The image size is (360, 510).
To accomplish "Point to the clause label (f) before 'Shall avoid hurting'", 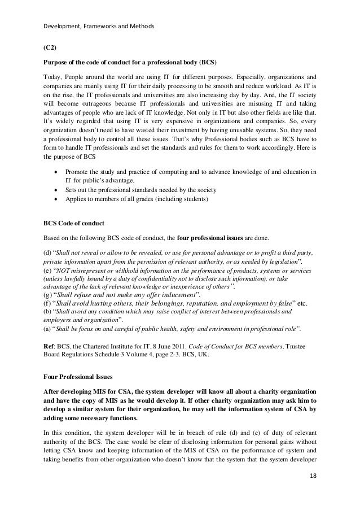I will (x=48, y=303).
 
